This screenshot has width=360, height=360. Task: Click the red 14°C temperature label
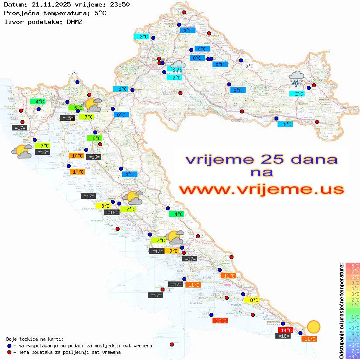[286, 330]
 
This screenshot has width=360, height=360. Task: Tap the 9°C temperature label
[173, 251]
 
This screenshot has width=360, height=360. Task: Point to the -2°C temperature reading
[73, 75]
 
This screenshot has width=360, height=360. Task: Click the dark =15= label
[67, 118]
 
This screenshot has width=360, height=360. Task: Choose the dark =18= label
[284, 336]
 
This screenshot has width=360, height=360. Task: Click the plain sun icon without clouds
[313, 327]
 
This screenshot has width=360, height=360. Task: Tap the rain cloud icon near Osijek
[296, 79]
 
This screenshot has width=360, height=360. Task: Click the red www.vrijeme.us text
[261, 190]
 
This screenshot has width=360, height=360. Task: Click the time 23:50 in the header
[120, 4]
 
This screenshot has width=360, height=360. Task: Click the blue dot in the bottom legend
[9, 346]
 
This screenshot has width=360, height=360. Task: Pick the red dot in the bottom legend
[9, 352]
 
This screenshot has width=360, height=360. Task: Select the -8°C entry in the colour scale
[352, 357]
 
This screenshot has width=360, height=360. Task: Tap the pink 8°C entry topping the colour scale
[352, 266]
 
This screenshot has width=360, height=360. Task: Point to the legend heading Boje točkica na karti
[35, 339]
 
